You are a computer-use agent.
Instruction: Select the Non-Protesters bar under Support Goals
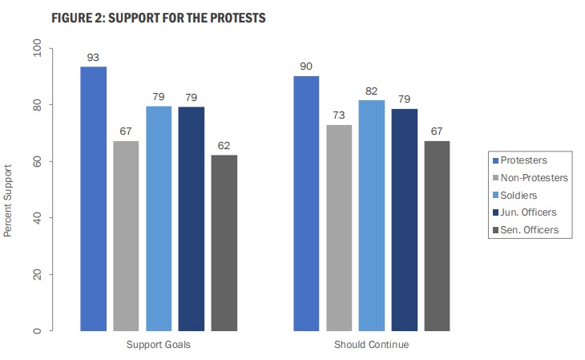coord(126,236)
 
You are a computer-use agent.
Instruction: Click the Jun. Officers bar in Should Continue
coord(405,220)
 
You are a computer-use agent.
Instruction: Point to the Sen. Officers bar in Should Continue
coord(437,236)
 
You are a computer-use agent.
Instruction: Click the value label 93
coord(94,58)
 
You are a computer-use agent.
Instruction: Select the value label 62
coord(224,145)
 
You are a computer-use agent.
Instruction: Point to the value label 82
coord(372,91)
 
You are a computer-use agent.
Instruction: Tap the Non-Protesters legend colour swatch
coord(494,178)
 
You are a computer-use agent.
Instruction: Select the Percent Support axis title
coord(9,201)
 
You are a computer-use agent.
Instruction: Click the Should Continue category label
coord(371,345)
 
